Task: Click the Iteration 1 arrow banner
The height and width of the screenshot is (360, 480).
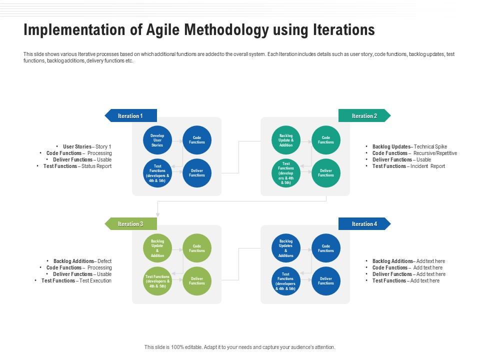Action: [x=130, y=116]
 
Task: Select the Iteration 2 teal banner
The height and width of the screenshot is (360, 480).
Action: [x=364, y=116]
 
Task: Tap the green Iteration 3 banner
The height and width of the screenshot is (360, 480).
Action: [x=130, y=224]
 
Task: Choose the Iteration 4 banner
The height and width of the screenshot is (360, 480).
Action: [x=364, y=224]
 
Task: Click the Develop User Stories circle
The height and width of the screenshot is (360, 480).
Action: [x=157, y=140]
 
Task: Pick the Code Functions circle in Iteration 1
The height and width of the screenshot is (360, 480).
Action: [x=197, y=140]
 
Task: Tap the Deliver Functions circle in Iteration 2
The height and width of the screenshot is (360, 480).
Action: [x=326, y=173]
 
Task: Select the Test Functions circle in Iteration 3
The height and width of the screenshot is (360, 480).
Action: [x=157, y=281]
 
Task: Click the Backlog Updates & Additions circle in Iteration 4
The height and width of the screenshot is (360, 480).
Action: [x=286, y=248]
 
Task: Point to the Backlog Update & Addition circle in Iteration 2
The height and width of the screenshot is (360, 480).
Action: [x=286, y=140]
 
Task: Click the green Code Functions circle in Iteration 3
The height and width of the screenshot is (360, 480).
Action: [x=197, y=248]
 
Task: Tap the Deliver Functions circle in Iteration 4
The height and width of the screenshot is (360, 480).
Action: [x=326, y=281]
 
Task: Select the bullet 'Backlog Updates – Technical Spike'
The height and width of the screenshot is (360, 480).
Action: [x=409, y=146]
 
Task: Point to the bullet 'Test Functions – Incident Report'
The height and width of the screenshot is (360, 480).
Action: [x=408, y=166]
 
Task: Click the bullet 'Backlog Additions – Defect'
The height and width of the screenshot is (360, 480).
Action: [x=82, y=261]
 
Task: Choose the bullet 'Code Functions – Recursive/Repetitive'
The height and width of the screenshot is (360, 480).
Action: [x=414, y=153]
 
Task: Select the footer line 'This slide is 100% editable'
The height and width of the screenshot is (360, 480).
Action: [x=239, y=347]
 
